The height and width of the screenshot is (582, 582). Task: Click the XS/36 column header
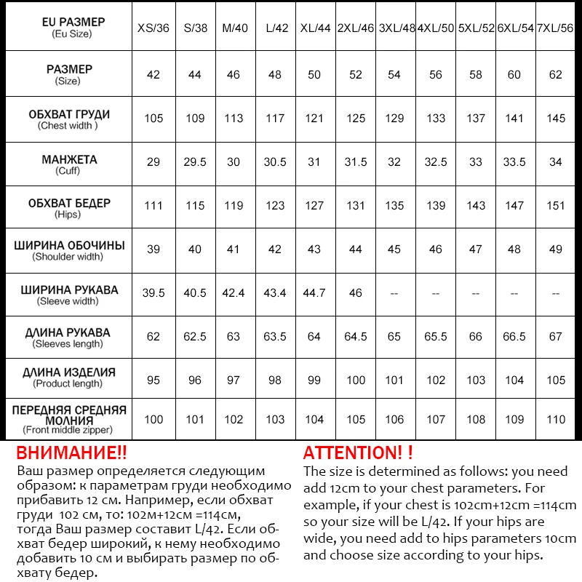tap(153, 28)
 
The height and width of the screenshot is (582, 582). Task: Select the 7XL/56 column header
tap(556, 28)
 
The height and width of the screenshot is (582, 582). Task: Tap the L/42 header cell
tap(275, 28)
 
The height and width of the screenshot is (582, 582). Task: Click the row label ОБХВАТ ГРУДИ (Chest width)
tap(69, 119)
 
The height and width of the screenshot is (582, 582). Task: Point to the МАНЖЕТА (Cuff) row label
tap(69, 164)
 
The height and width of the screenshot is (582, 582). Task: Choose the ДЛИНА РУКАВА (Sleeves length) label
tap(69, 338)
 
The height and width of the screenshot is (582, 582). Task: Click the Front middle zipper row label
tap(69, 420)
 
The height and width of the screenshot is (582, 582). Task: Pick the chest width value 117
tap(275, 119)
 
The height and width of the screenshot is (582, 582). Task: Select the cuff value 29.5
tap(195, 162)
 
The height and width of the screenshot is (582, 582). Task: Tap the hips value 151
tap(556, 206)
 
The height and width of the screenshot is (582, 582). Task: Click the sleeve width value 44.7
tap(314, 293)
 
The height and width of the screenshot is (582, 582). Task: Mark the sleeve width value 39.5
tap(153, 293)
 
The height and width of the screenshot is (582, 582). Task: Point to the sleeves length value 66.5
tap(514, 337)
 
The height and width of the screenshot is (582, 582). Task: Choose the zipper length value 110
tap(556, 420)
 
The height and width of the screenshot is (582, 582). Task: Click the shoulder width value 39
tap(153, 250)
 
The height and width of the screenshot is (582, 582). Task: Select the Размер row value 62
tap(556, 75)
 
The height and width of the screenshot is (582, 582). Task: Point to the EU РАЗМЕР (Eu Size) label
tap(69, 28)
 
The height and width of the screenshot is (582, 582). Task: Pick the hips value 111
tap(153, 206)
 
